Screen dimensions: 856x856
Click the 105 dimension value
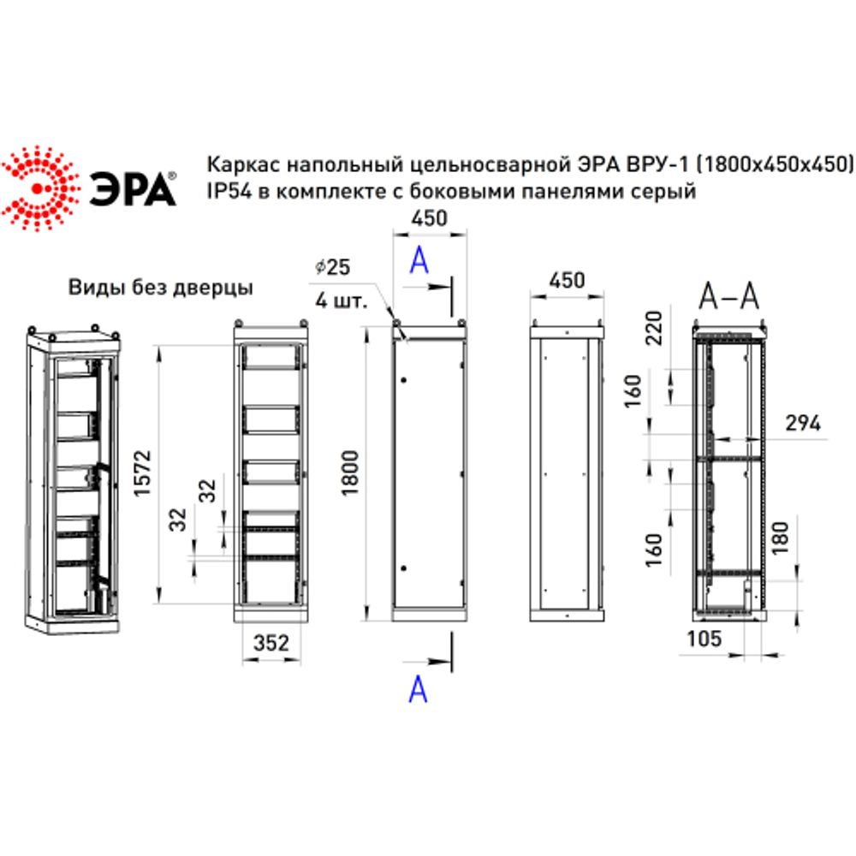coord(703,639)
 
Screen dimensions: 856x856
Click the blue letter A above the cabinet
coord(419,260)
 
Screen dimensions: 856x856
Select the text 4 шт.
coord(340,301)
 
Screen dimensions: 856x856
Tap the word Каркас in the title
coord(239,163)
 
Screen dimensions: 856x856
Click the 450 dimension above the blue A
coord(429,219)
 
